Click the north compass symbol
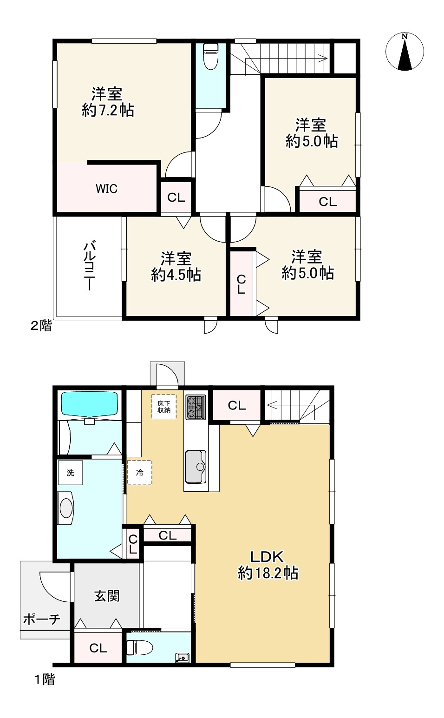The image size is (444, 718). (x=405, y=51)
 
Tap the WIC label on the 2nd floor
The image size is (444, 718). (x=107, y=189)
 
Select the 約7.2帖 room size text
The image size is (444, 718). (x=108, y=110)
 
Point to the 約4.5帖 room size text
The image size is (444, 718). (x=176, y=275)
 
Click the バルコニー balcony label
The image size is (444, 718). (x=90, y=266)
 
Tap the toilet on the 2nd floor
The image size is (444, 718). (x=211, y=56)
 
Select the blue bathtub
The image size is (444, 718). (x=89, y=404)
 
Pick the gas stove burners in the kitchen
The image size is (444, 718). (x=196, y=407)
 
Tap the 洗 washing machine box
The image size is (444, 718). (x=70, y=473)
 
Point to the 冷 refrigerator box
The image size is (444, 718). (x=139, y=473)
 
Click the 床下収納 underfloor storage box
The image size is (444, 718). (x=163, y=407)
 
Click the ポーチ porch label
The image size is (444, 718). (x=42, y=619)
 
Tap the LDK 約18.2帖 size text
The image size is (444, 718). (x=268, y=565)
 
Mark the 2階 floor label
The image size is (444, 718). (x=41, y=326)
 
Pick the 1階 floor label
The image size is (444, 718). (x=45, y=679)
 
